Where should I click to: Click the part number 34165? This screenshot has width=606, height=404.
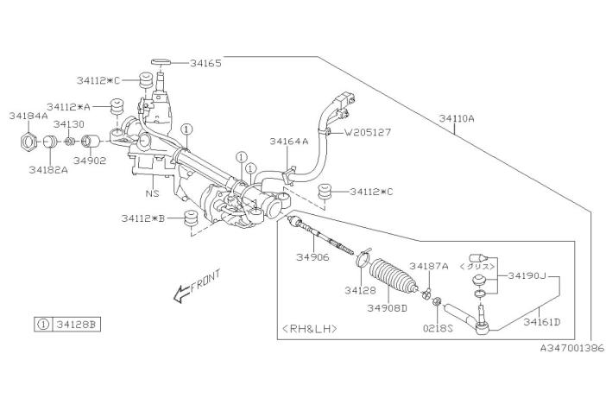205,63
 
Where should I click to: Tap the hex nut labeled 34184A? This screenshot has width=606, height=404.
28,142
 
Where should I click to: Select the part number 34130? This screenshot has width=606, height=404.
68,124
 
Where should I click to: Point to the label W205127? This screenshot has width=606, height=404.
368,132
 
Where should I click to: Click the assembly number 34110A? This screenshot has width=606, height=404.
457,118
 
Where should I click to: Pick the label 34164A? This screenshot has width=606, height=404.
289,142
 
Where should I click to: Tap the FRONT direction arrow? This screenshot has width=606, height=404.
181,294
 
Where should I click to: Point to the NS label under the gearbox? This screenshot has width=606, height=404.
152,193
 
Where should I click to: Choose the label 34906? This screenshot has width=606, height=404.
312,257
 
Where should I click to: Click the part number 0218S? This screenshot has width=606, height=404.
438,329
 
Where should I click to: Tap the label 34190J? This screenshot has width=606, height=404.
527,275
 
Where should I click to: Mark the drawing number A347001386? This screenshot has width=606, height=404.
572,349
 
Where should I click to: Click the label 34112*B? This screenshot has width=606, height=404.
143,218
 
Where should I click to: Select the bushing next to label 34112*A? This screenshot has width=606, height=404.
117,107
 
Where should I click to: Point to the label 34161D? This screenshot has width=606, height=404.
541,322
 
